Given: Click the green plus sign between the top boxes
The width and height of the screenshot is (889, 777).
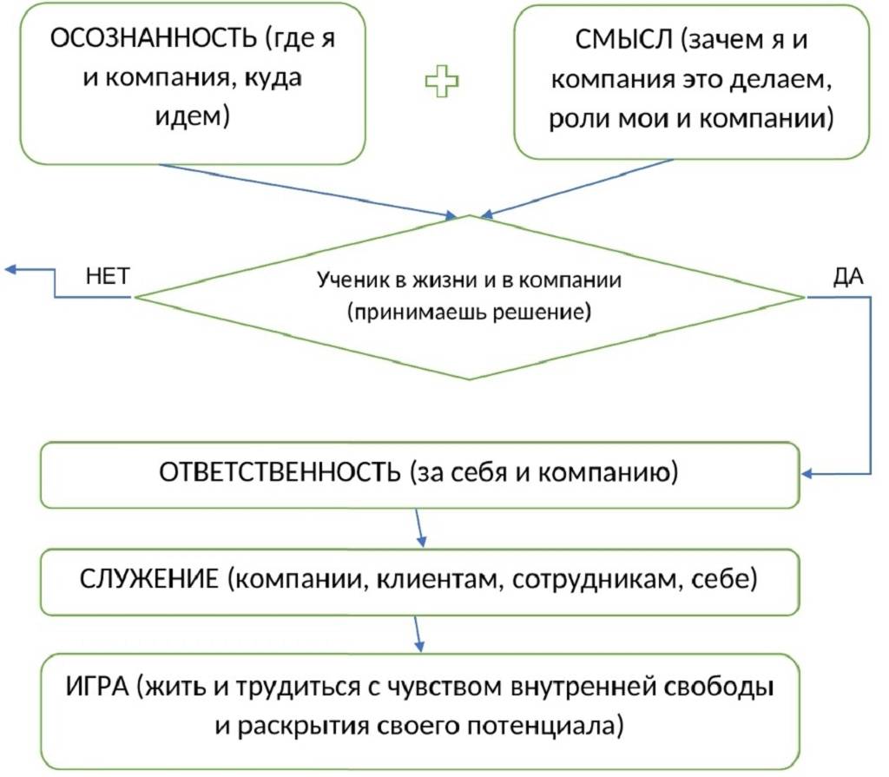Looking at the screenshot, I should click(x=442, y=82).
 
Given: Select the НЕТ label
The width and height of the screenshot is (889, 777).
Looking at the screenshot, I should click(x=109, y=276).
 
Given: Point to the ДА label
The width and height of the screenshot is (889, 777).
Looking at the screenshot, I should click(x=846, y=276).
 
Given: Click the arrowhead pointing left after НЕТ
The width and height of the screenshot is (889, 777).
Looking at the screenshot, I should click(x=10, y=270).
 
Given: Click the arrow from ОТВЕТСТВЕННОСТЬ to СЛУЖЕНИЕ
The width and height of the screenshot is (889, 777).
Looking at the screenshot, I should click(x=419, y=528).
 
